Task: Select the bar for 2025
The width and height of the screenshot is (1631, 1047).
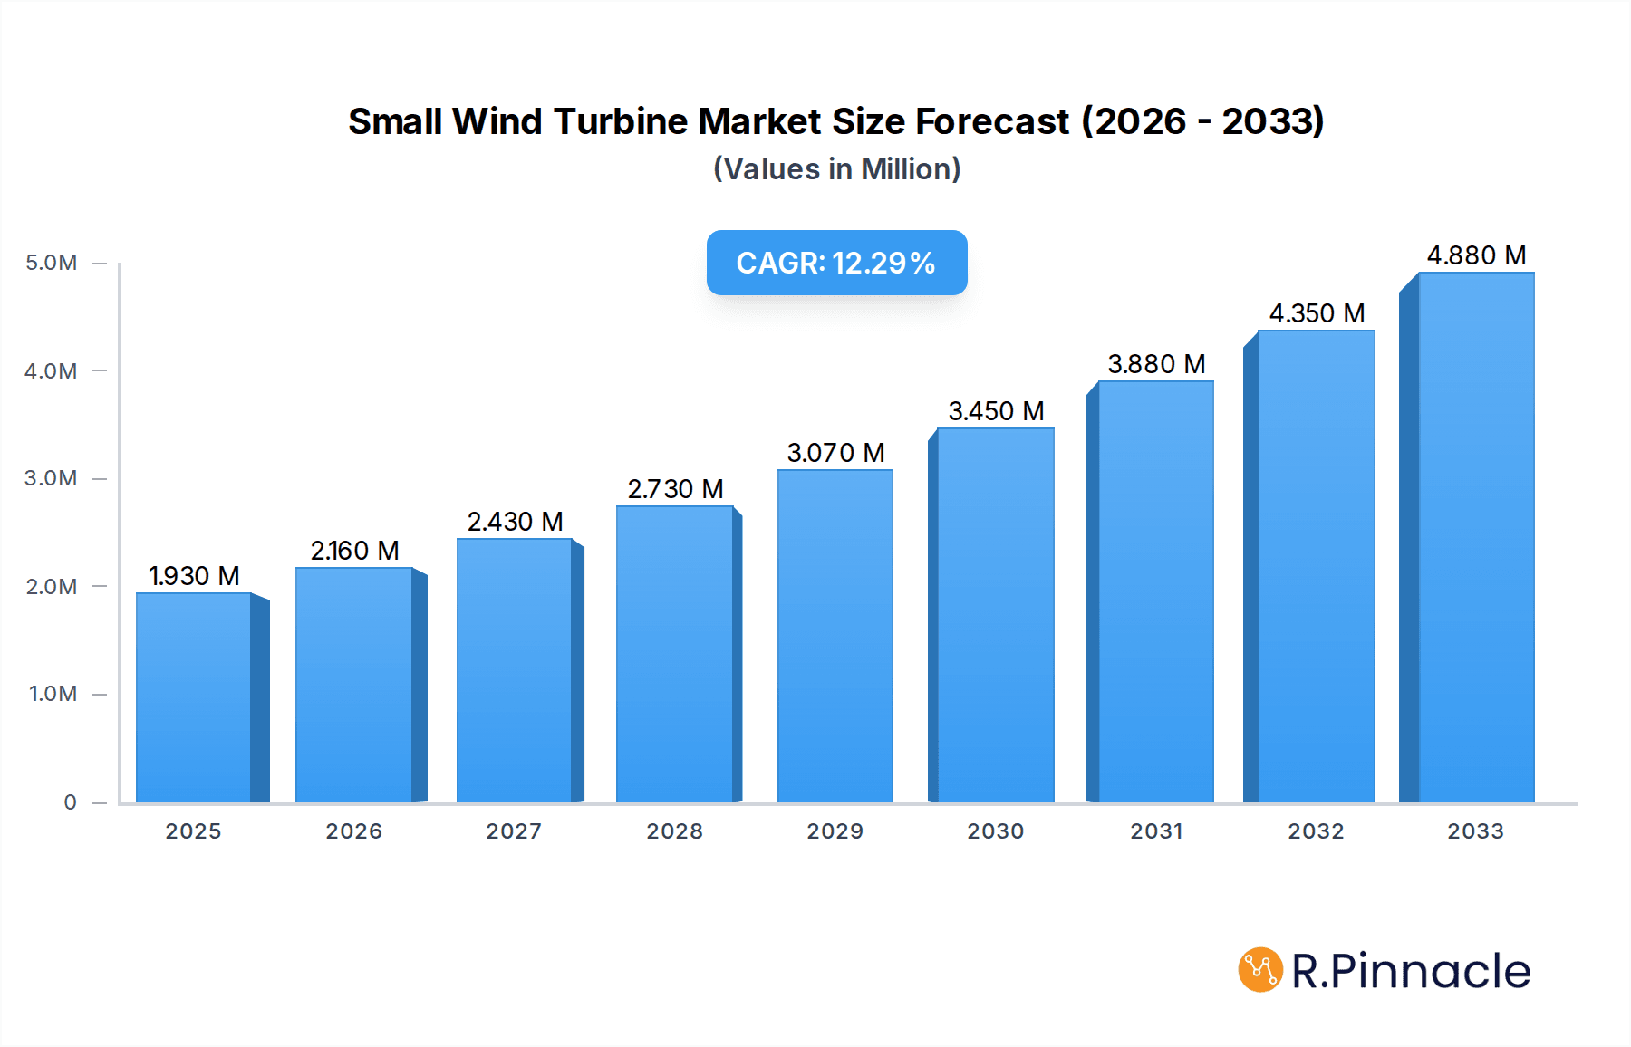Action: pyautogui.click(x=194, y=697)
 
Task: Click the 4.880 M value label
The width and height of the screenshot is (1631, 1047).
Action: pyautogui.click(x=1476, y=255)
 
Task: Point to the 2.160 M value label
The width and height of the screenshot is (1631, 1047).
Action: pyautogui.click(x=354, y=551)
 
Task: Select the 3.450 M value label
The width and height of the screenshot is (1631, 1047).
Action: pyautogui.click(x=996, y=411)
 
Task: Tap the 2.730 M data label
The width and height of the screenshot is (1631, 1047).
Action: pyautogui.click(x=675, y=489)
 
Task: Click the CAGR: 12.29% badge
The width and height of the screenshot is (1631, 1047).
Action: pyautogui.click(x=836, y=263)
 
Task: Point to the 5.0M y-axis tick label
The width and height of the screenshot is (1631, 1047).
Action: pyautogui.click(x=51, y=263)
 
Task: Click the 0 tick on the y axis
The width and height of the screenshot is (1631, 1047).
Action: pyautogui.click(x=70, y=802)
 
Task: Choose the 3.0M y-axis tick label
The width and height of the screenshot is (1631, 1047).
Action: pyautogui.click(x=51, y=478)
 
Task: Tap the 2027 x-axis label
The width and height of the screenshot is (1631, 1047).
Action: pyautogui.click(x=514, y=831)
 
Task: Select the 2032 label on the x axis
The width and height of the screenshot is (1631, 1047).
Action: pyautogui.click(x=1316, y=831)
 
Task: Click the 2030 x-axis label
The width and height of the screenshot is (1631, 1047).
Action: pyautogui.click(x=995, y=831)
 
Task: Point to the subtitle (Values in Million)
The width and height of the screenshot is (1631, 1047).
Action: pyautogui.click(x=836, y=169)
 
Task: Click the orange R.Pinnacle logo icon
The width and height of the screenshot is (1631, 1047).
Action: pyautogui.click(x=1260, y=970)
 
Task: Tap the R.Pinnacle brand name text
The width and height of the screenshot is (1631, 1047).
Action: pyautogui.click(x=1411, y=971)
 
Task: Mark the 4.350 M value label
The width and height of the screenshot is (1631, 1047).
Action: pyautogui.click(x=1317, y=313)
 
